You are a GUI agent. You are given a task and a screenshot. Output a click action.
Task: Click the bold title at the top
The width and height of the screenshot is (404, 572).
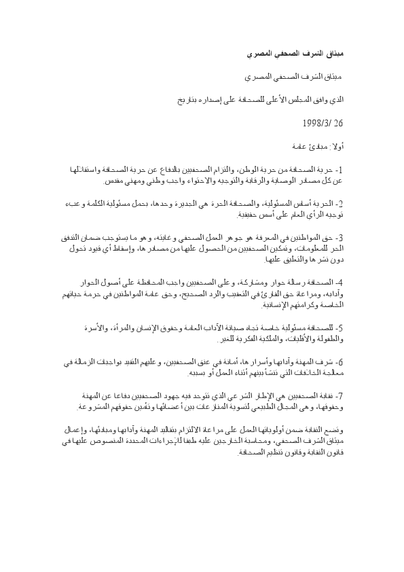tap(306, 52)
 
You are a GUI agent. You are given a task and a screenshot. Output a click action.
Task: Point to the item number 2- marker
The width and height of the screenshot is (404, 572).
tap(340, 203)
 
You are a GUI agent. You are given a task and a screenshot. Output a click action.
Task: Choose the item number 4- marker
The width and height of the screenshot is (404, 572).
tap(340, 281)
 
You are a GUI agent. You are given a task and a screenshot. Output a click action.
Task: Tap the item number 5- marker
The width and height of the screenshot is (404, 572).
tap(340, 326)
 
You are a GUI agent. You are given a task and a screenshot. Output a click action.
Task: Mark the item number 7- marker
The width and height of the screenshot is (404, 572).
tap(340, 394)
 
